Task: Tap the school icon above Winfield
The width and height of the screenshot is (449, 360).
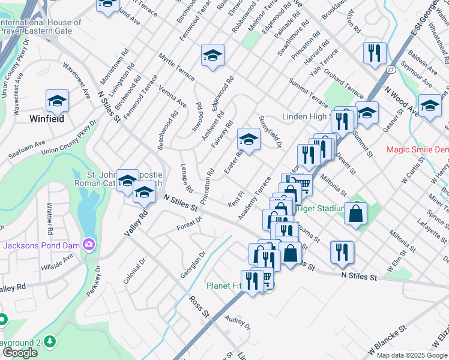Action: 57,101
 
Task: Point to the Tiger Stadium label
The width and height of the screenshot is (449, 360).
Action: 321,208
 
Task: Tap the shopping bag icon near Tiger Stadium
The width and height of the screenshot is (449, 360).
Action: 355,213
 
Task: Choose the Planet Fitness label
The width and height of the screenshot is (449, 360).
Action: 225,285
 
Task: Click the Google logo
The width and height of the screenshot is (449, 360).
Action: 20,353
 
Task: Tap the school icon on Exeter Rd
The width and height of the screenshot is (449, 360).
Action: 248,140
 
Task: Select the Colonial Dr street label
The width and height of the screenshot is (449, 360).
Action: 134,272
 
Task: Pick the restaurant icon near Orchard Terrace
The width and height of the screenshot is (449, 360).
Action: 374,53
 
